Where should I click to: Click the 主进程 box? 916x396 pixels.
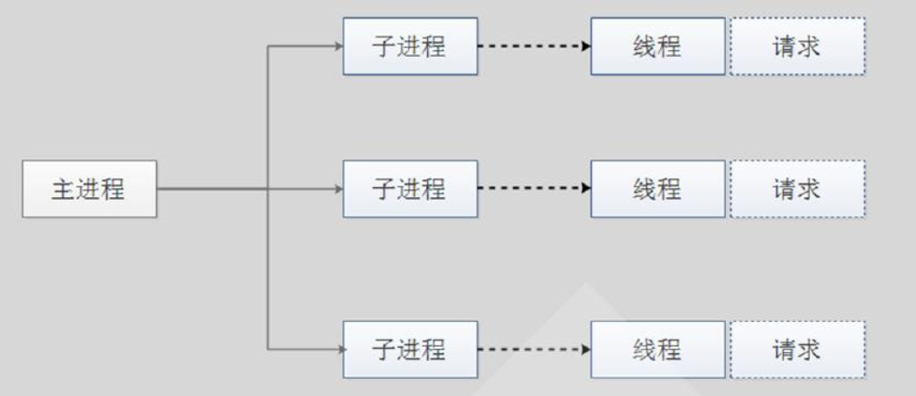point(89,189)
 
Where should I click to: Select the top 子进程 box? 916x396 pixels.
point(409,45)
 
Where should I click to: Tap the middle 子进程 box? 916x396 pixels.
point(409,189)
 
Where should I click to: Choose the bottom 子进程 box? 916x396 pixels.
point(409,349)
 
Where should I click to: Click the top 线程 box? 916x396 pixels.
point(657,45)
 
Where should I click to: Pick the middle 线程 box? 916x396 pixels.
point(657,189)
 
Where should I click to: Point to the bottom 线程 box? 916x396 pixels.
point(657,349)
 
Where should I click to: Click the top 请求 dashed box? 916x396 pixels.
point(796,45)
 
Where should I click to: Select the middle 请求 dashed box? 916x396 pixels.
point(796,189)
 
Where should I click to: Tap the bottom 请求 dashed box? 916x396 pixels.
point(796,349)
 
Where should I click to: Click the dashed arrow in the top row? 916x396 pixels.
point(533,44)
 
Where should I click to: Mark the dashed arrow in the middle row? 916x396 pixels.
point(533,188)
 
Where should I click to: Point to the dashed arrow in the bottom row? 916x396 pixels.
point(533,349)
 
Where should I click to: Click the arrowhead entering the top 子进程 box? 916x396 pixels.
point(338,45)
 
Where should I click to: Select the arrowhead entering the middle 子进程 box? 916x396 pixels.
point(338,188)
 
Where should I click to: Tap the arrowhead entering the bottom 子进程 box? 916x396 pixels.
point(338,349)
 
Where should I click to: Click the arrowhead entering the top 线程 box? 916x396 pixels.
point(586,44)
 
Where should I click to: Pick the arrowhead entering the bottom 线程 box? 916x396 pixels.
point(586,349)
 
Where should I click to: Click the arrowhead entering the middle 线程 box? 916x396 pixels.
point(586,188)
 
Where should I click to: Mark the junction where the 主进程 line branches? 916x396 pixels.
point(268,188)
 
